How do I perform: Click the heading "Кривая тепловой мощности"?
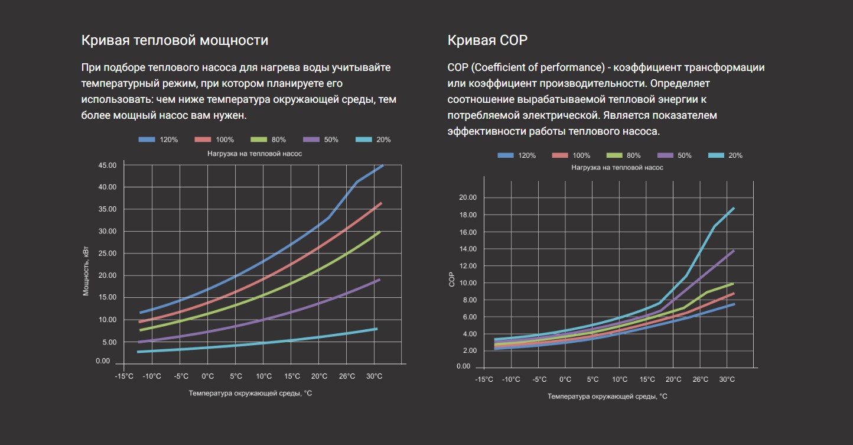pyautogui.click(x=174, y=40)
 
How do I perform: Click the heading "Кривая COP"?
pyautogui.click(x=487, y=40)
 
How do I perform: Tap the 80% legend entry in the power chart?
pyautogui.click(x=268, y=140)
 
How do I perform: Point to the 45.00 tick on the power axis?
pyautogui.click(x=107, y=165)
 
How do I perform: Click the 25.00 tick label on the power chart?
pyautogui.click(x=107, y=254)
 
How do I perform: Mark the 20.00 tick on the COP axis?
pyautogui.click(x=467, y=197)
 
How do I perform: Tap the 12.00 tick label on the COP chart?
pyautogui.click(x=467, y=266)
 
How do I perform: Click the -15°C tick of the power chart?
pyautogui.click(x=123, y=376)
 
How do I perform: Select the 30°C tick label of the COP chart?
pyautogui.click(x=727, y=379)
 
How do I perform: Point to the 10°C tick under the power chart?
pyautogui.click(x=263, y=376)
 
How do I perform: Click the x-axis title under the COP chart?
pyautogui.click(x=607, y=396)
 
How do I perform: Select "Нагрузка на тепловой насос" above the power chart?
pyautogui.click(x=255, y=153)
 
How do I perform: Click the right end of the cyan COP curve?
pyautogui.click(x=734, y=208)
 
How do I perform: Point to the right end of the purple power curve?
pyautogui.click(x=379, y=280)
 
